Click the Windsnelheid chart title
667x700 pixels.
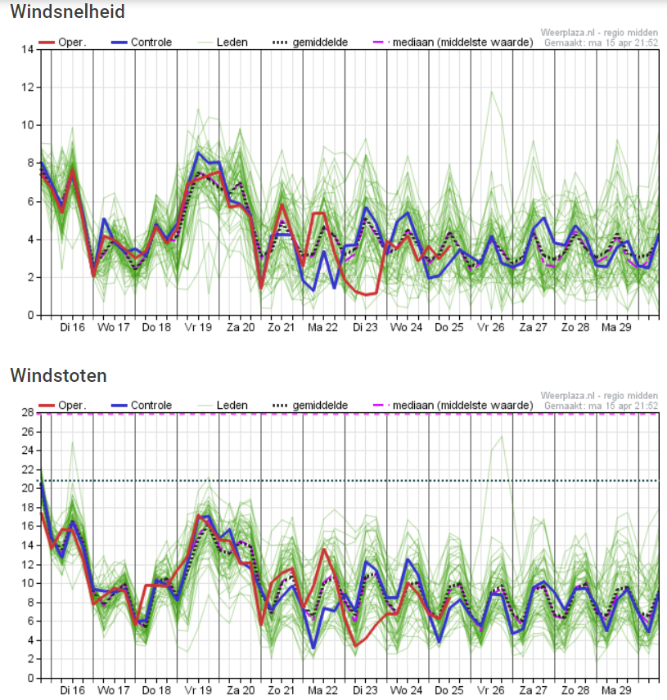67,11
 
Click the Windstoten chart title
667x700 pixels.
59,375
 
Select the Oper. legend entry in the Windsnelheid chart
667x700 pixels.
62,43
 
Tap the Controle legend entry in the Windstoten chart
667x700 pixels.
142,406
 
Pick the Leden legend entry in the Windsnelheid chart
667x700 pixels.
223,43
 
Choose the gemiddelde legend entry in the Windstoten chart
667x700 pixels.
310,406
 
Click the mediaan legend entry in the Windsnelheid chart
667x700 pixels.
453,43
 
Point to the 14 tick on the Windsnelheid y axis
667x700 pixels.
28,49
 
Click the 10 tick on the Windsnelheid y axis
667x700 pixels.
28,125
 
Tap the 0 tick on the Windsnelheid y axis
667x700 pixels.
30,315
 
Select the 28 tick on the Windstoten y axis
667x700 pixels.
28,412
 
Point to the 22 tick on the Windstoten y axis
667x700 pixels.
28,469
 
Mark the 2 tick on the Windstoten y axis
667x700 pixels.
30,659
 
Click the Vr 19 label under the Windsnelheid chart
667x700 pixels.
198,328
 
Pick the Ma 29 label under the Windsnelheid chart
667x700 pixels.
616,328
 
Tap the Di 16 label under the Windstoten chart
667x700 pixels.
72,691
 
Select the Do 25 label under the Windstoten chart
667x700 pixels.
449,691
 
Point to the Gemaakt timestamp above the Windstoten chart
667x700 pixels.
601,406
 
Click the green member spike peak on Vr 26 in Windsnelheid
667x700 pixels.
491,92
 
